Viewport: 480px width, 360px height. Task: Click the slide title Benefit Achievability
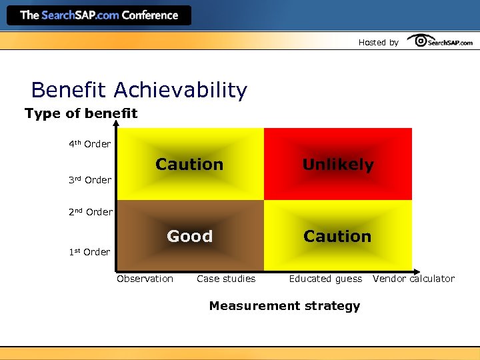139,89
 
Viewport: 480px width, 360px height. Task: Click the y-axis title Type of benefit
81,113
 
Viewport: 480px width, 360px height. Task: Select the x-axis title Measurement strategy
284,306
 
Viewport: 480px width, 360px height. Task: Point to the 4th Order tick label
89,144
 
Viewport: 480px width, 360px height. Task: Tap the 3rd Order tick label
89,180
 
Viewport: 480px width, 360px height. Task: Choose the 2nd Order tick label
90,212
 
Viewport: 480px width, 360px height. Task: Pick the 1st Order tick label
89,252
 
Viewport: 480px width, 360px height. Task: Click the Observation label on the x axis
145,279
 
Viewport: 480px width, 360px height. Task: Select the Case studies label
226,279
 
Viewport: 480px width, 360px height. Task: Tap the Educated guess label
325,279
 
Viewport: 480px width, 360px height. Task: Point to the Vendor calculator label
413,279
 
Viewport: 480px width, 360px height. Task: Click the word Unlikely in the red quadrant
338,165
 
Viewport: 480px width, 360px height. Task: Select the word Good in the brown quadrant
189,237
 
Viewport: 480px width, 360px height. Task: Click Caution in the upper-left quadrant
189,165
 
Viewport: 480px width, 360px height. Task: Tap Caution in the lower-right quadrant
337,237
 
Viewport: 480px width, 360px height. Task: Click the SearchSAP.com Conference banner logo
99,15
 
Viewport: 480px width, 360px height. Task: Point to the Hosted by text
378,43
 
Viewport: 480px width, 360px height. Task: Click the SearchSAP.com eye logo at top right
440,41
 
